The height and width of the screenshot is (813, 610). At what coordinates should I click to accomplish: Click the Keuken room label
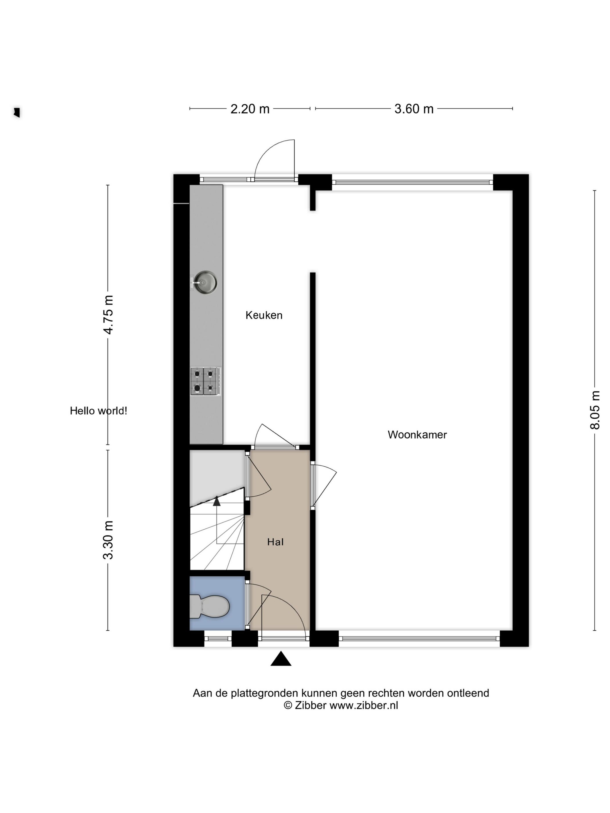tap(264, 315)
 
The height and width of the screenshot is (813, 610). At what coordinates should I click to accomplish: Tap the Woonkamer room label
tap(417, 434)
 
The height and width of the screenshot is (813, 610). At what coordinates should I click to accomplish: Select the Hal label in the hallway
tap(275, 542)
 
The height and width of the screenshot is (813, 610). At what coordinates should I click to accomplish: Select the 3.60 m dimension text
tap(414, 109)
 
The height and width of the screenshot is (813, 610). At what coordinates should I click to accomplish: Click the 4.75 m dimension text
tap(108, 315)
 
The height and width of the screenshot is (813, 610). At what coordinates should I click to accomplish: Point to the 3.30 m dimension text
tap(108, 540)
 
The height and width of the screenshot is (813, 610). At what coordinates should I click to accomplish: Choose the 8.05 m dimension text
tap(595, 410)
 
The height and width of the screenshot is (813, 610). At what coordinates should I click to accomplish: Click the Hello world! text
tap(98, 411)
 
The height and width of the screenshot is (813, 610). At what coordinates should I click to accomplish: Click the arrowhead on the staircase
tap(217, 501)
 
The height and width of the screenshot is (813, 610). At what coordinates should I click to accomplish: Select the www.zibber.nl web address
tap(364, 705)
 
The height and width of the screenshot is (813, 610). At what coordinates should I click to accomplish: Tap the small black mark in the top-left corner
tap(17, 112)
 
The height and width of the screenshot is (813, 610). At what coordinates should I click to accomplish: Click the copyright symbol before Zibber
tap(288, 705)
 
